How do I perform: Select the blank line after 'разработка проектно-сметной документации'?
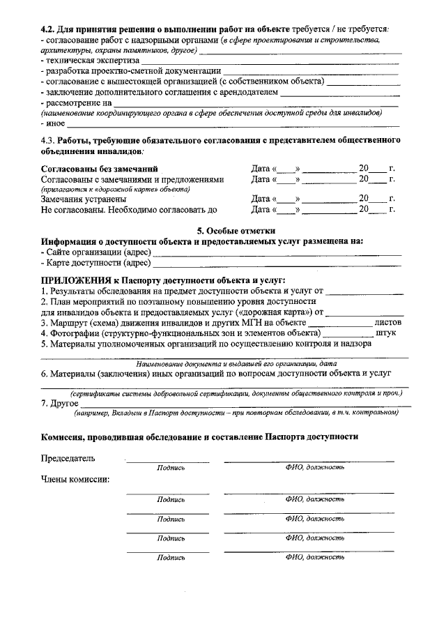pyautogui.click(x=310, y=71)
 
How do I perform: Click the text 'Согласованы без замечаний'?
pyautogui.click(x=99, y=169)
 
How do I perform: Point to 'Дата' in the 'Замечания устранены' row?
pyautogui.click(x=261, y=199)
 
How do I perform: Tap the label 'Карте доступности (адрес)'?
pyautogui.click(x=98, y=263)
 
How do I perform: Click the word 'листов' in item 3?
pyautogui.click(x=388, y=323)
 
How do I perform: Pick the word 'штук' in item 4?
pyautogui.click(x=385, y=333)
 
